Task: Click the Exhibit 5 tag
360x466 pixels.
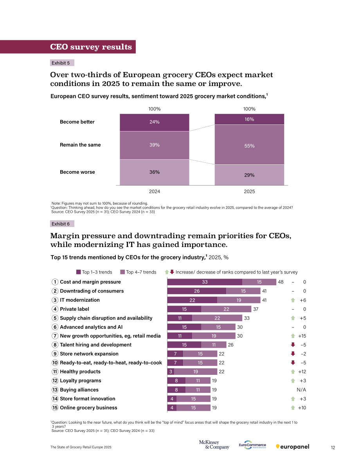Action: click(62, 63)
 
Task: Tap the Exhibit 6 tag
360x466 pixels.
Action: click(62, 224)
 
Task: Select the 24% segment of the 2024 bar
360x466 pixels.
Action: click(154, 122)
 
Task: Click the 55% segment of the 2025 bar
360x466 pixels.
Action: click(249, 144)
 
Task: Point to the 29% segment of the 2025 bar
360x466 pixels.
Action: click(249, 175)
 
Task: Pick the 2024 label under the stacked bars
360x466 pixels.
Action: click(154, 191)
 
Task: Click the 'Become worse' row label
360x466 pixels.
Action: click(77, 172)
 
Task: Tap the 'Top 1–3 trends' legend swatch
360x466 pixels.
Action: click(79, 272)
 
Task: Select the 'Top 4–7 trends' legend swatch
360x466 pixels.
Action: click(122, 272)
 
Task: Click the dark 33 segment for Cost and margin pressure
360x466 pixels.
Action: click(205, 282)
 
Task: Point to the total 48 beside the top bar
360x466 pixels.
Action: click(281, 282)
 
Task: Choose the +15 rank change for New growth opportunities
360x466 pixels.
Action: click(302, 336)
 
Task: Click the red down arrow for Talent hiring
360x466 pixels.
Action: click(293, 345)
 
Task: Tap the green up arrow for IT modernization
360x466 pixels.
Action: click(293, 300)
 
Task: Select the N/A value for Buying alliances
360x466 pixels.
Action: click(301, 390)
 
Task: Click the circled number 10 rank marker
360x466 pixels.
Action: click(55, 363)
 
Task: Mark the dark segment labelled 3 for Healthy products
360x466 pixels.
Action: click(171, 371)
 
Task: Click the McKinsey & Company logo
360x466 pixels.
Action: click(214, 444)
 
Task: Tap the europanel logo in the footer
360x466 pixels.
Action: click(293, 447)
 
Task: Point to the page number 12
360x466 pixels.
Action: click(333, 448)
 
